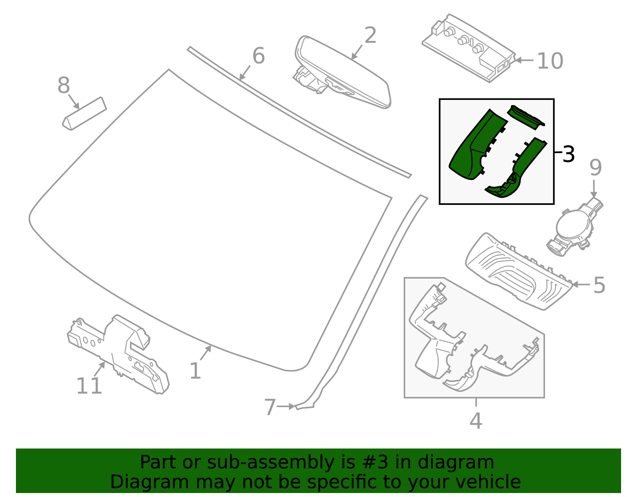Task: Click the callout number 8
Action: click(64, 86)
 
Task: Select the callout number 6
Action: click(258, 56)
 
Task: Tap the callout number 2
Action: click(370, 36)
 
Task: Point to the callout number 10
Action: click(550, 61)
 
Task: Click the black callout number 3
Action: click(569, 154)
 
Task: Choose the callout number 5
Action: click(599, 285)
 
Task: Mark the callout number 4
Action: click(476, 421)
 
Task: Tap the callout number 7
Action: click(270, 407)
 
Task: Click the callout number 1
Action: click(195, 371)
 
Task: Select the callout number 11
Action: click(89, 386)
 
